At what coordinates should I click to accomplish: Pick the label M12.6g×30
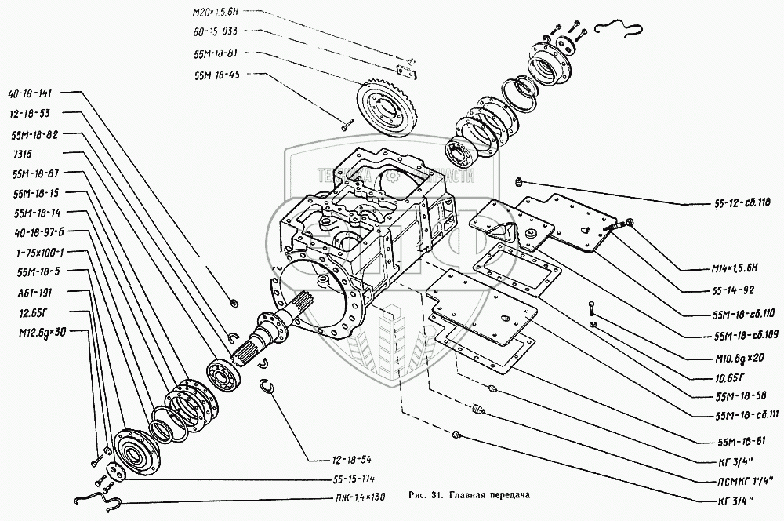click(37, 331)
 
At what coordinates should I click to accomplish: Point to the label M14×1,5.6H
click(724, 268)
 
